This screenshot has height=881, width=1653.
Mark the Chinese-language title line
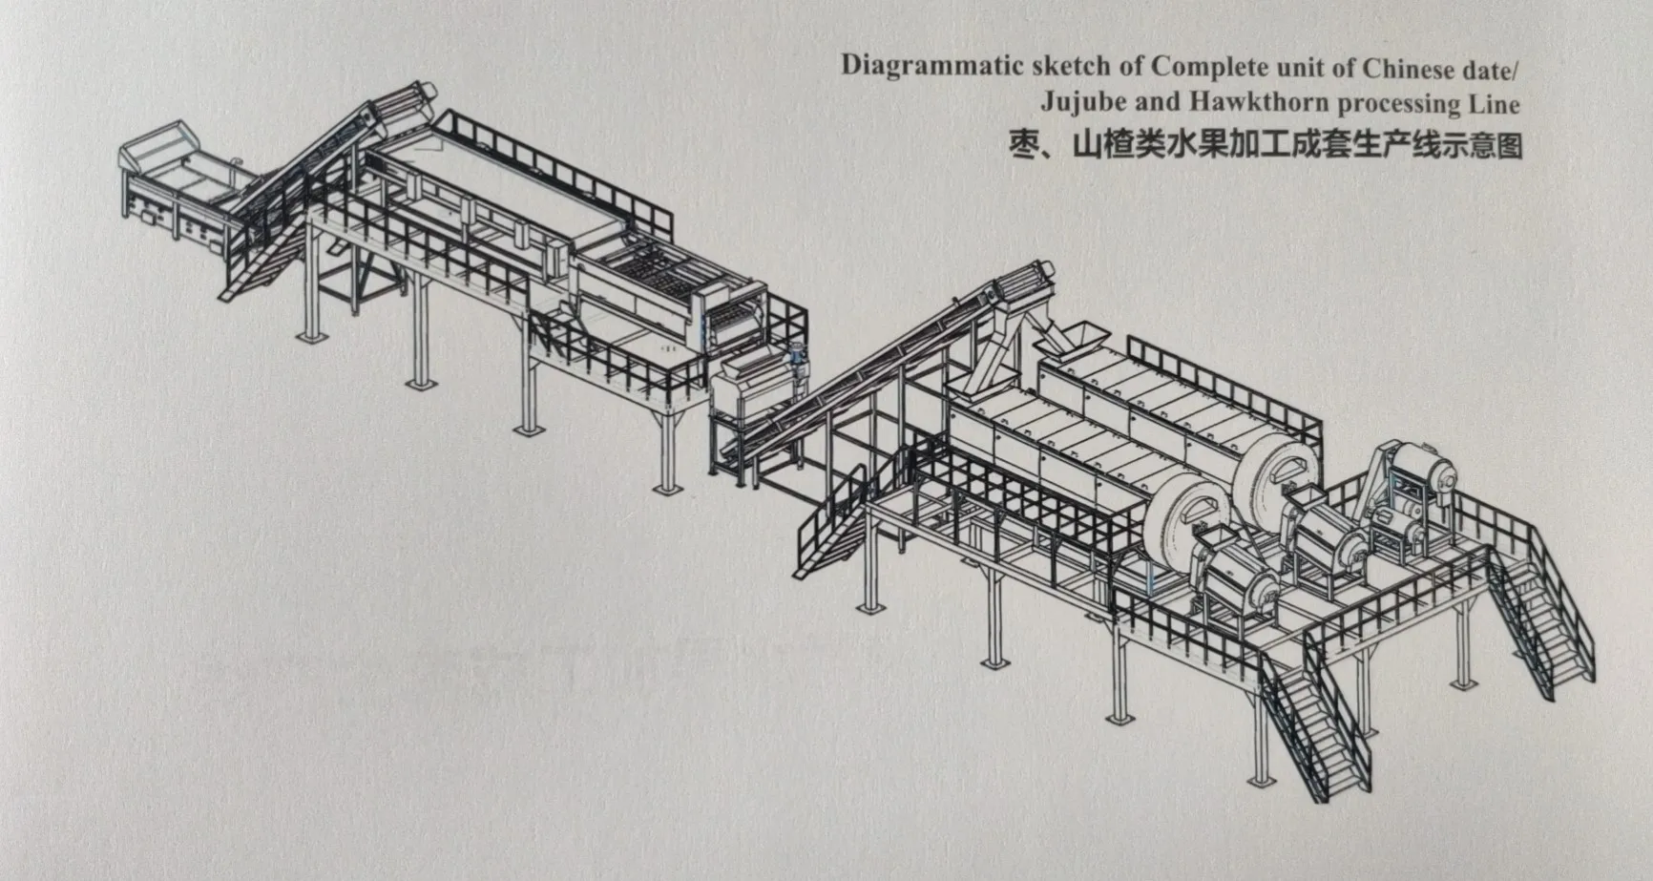(x=1266, y=146)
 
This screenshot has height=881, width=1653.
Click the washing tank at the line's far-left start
(x=177, y=181)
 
